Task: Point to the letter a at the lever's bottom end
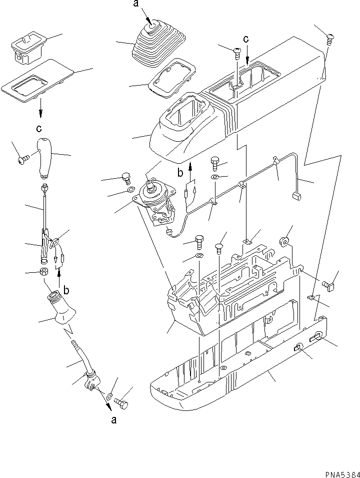114,419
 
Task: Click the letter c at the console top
245,39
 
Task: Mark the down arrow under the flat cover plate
41,107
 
